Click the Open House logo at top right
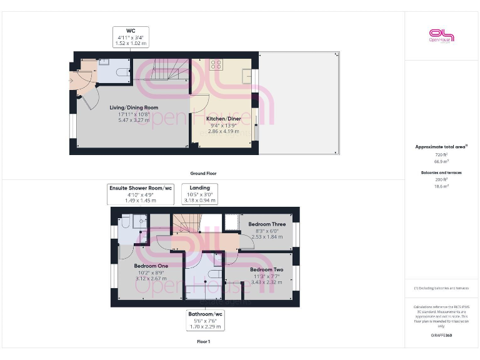tap(441, 36)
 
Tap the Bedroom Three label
tap(267, 224)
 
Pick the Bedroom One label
tap(151, 266)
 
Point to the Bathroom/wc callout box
tap(205, 319)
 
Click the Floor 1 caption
tap(203, 342)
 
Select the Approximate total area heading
tap(441, 147)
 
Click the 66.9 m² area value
tap(441, 161)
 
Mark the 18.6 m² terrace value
tap(441, 186)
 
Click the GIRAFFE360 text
tap(441, 336)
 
